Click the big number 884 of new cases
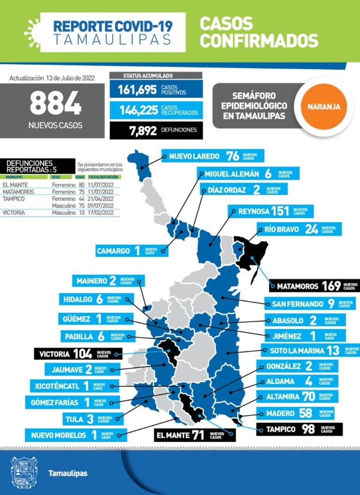point(55,103)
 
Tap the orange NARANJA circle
point(323,107)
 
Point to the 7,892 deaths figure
point(143,131)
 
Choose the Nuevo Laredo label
point(213,156)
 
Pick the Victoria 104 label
point(77,354)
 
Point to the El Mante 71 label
point(195,435)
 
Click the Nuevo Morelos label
point(75,435)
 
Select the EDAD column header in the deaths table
point(80,177)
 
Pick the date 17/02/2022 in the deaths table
point(101,212)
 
